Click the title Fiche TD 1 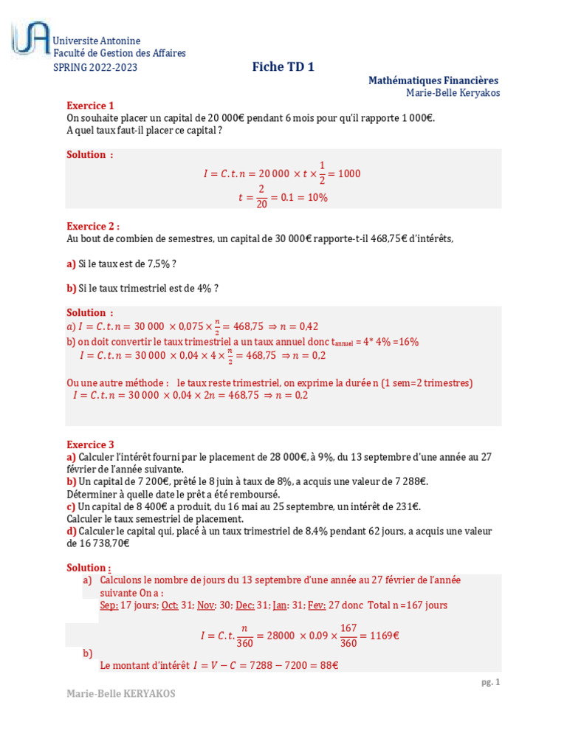coord(283,66)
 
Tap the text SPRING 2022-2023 coord(95,68)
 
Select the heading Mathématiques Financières coord(433,80)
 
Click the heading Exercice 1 coord(91,105)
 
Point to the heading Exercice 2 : coord(93,226)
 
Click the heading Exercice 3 coord(91,444)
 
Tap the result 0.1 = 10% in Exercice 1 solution coord(305,198)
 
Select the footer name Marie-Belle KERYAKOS coord(121,694)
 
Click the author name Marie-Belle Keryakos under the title coord(453,92)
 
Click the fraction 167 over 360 coord(348,635)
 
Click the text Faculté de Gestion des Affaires coord(120,53)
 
